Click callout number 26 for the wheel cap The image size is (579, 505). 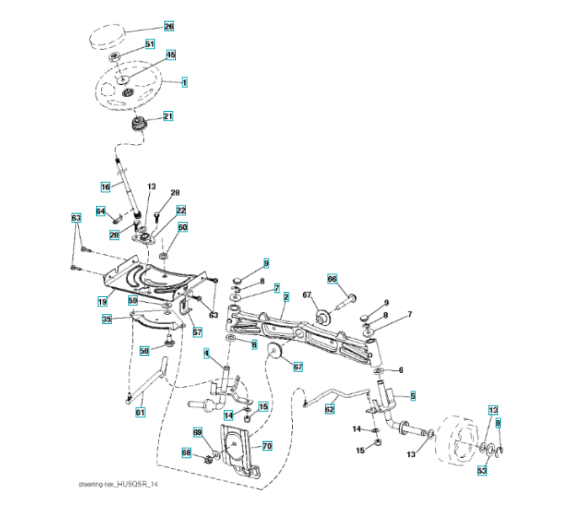[x=168, y=27]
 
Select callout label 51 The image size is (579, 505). [x=150, y=44]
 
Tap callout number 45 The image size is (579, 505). [x=171, y=55]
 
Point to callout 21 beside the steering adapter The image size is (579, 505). [x=168, y=117]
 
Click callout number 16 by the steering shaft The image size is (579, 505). [x=105, y=186]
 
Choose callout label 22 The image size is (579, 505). [x=181, y=210]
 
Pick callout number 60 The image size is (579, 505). [x=183, y=227]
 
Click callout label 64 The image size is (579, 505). [x=100, y=211]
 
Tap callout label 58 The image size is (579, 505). [x=144, y=350]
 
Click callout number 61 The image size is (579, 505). [x=140, y=412]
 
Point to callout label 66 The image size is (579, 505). [x=332, y=279]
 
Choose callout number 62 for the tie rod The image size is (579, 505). [x=330, y=408]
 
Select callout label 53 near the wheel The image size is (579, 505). [x=482, y=470]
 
